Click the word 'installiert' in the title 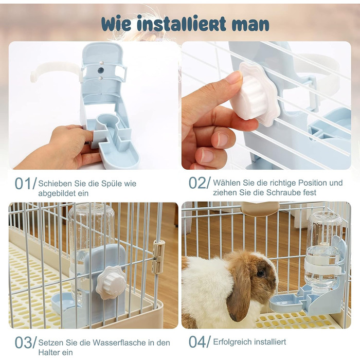point(181,24)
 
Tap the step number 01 point(23,184)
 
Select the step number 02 point(196,183)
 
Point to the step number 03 point(23,343)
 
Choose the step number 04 point(197,342)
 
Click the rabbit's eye point(261,273)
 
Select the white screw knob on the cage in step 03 point(111,283)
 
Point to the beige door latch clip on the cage point(158,256)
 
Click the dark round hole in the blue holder point(101,70)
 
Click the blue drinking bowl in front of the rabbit point(286,302)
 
